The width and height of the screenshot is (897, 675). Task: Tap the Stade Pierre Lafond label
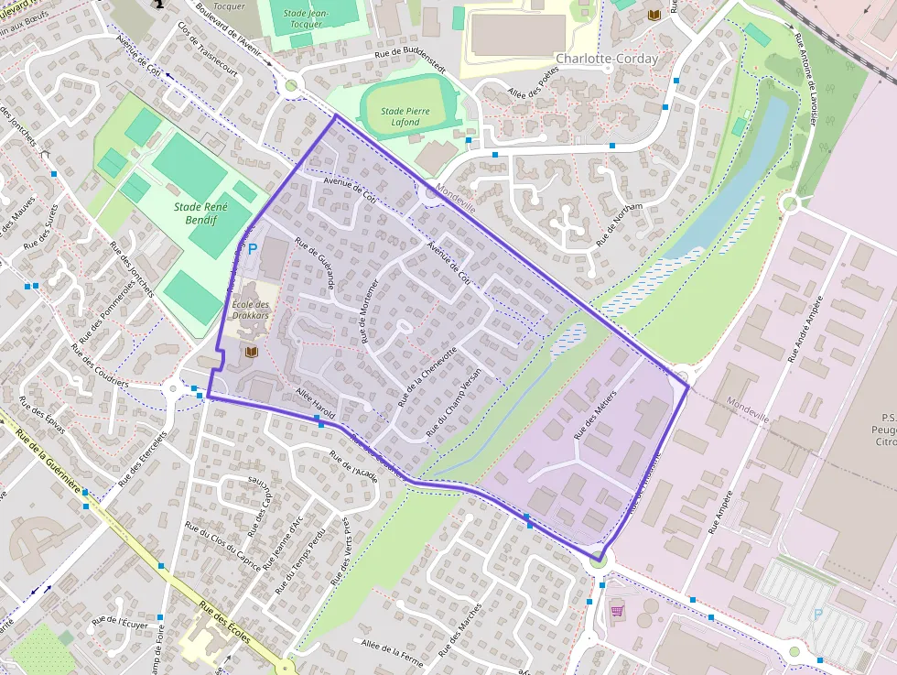(400, 116)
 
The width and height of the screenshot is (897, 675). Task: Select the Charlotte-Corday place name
(606, 59)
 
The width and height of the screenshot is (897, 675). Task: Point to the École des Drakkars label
(250, 310)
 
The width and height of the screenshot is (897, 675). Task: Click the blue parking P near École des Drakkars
(253, 248)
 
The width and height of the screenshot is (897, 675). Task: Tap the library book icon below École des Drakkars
(252, 352)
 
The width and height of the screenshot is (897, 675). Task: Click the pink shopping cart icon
(617, 609)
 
